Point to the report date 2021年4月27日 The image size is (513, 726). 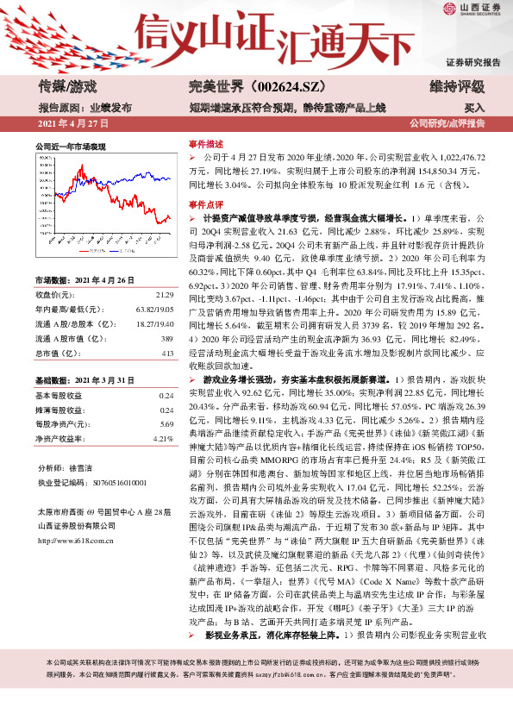(x=69, y=124)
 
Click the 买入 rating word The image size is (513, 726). (x=474, y=108)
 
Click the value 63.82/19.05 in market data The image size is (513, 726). (x=150, y=309)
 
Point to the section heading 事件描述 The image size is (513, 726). (x=205, y=144)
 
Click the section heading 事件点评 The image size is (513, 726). (x=205, y=204)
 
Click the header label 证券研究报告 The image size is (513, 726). (x=473, y=63)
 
